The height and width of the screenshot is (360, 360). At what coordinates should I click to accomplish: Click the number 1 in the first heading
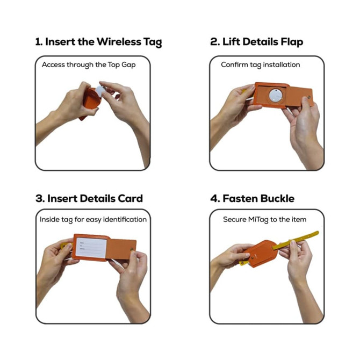(38, 42)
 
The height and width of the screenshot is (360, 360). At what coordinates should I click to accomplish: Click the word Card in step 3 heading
(130, 198)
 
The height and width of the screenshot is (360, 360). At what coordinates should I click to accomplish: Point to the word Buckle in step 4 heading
(277, 198)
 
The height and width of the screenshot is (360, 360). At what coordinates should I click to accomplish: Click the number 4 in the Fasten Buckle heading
(213, 198)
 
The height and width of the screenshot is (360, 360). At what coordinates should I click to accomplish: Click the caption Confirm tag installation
(261, 64)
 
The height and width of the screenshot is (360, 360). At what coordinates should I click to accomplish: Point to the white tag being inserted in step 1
(102, 93)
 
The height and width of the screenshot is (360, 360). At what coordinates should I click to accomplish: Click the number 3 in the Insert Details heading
(39, 198)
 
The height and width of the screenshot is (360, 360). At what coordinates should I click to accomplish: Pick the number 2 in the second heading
(213, 42)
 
